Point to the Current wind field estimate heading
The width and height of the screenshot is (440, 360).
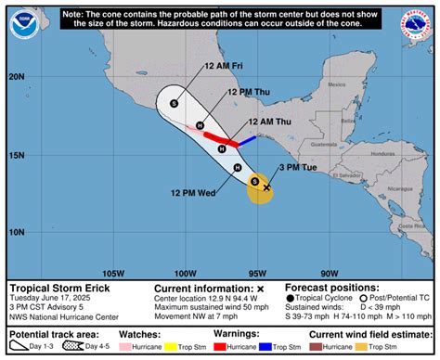point(369,332)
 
